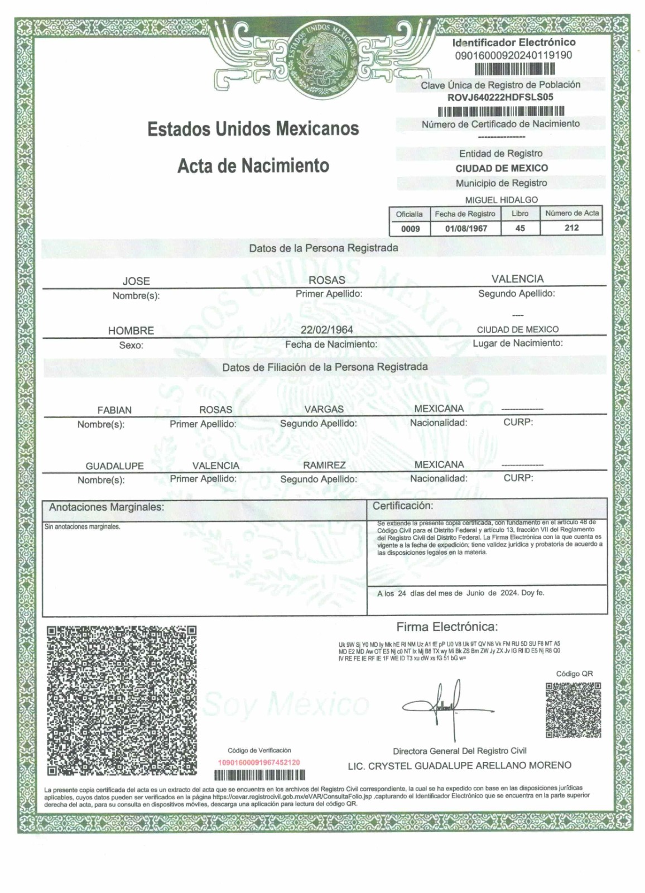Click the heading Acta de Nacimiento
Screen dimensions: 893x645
coord(253,166)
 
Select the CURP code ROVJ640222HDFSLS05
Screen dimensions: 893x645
coord(500,97)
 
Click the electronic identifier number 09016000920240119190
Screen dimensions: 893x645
coord(513,55)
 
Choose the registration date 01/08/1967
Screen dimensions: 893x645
coord(465,228)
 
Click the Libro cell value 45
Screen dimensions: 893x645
coord(520,228)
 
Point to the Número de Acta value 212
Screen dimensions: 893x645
coord(571,228)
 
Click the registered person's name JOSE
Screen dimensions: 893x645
coord(136,281)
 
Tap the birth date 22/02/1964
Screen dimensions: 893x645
coord(326,330)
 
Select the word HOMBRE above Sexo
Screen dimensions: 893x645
coord(131,330)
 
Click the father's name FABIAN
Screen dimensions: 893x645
coord(114,410)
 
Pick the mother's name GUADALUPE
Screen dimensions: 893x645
coord(114,466)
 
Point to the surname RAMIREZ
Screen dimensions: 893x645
coord(324,465)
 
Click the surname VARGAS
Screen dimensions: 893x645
coord(324,409)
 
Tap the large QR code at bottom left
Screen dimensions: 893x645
coord(122,700)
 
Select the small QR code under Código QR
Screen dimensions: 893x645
coord(573,710)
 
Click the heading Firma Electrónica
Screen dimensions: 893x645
coord(447,626)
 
